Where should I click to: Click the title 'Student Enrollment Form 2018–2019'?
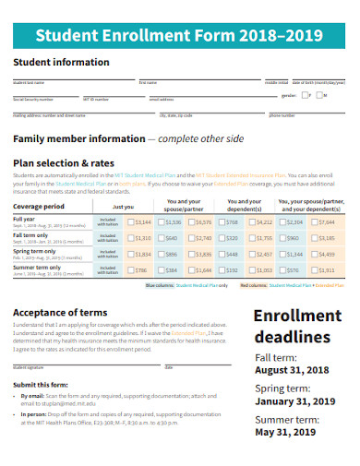(180, 36)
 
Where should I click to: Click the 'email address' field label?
(161, 99)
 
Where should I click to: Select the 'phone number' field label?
(282, 115)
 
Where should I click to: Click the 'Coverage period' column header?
(39, 206)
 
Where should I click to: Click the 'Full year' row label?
(24, 219)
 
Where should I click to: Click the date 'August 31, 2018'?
(292, 370)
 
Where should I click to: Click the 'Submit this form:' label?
(39, 383)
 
